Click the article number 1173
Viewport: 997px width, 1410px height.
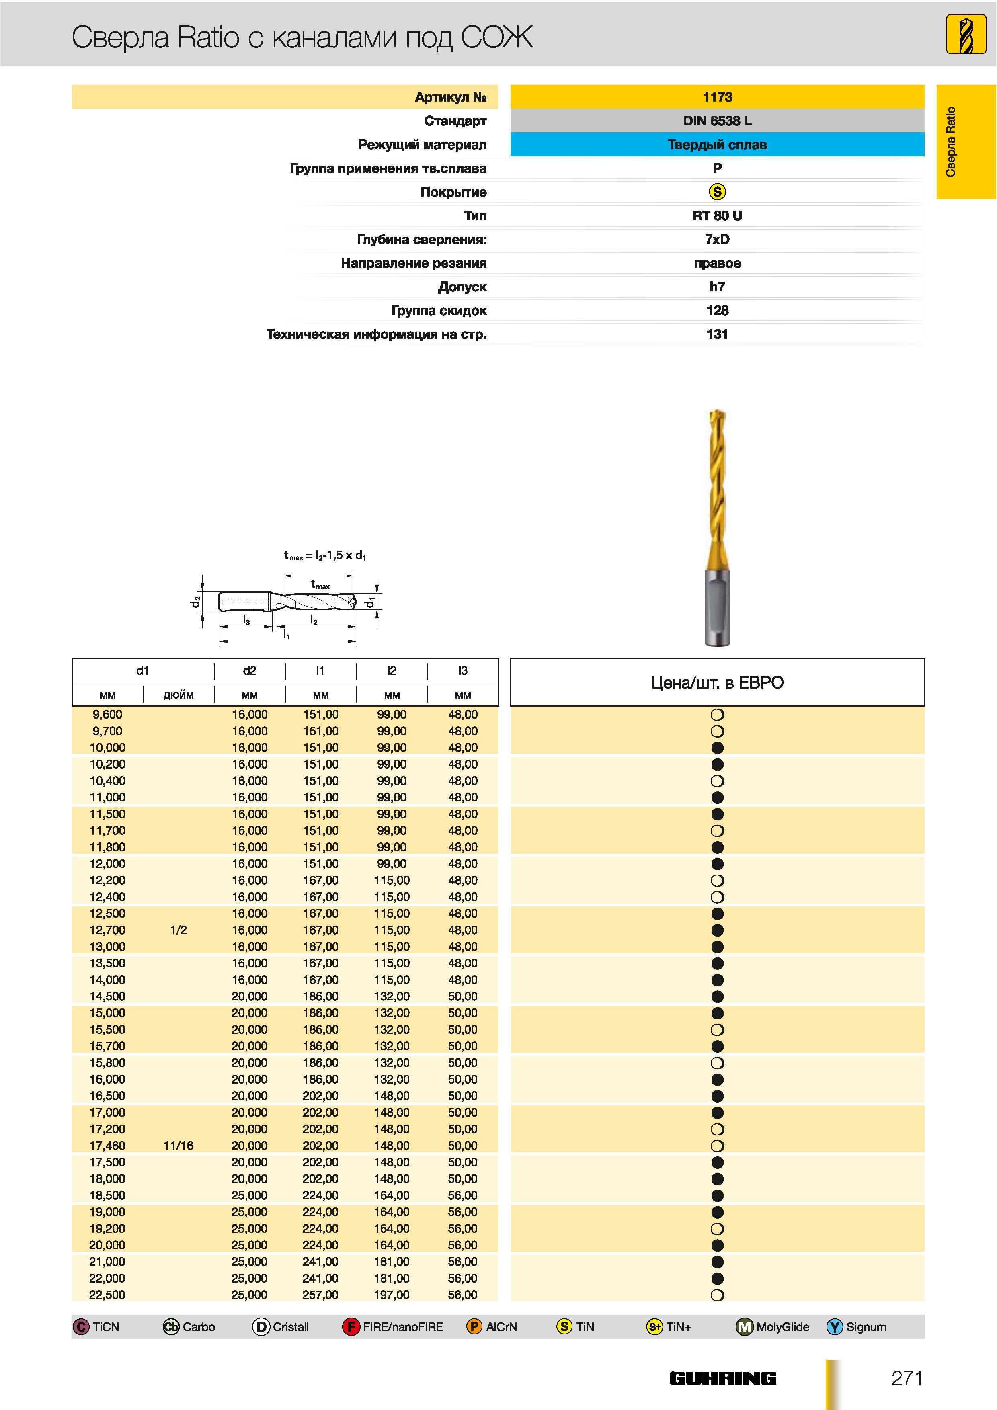[x=717, y=97]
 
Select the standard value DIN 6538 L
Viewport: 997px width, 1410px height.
[x=717, y=121]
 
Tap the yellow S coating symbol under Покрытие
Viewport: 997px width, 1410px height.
[x=717, y=192]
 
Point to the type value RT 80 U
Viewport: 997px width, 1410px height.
[x=717, y=215]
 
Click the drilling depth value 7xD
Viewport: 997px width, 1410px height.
[x=717, y=240]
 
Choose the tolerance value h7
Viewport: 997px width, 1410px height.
[x=717, y=287]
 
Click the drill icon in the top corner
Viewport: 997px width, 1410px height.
[x=966, y=35]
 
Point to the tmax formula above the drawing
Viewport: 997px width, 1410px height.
[x=324, y=555]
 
